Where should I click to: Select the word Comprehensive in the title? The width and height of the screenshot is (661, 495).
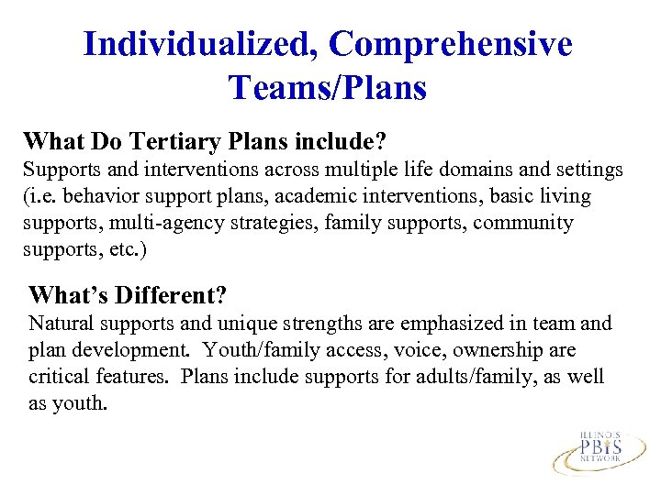point(451,43)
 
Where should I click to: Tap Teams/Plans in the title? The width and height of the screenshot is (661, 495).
point(328,88)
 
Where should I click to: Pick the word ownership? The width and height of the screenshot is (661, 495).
point(488,350)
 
